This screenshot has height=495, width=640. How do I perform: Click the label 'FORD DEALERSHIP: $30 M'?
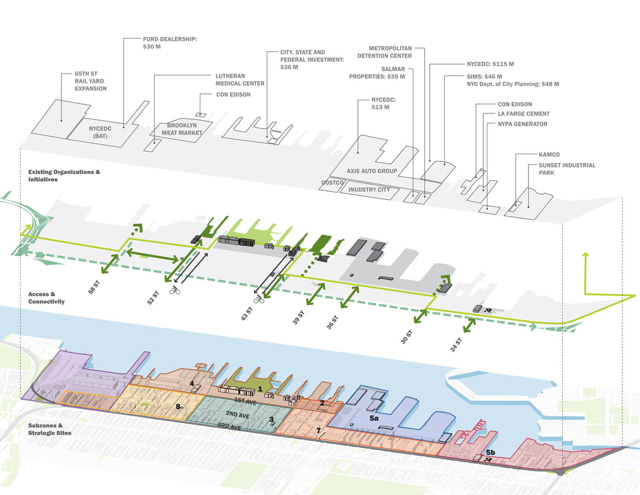click(x=170, y=43)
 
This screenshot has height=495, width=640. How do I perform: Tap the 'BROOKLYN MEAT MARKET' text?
click(x=182, y=129)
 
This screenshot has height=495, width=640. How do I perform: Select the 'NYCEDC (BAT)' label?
click(x=100, y=132)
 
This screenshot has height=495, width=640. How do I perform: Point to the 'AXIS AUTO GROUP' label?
click(x=372, y=171)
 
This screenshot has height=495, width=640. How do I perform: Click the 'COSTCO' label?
click(x=332, y=183)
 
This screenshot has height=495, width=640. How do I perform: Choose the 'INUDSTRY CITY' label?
click(x=369, y=189)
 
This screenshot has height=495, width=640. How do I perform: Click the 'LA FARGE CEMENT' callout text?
click(x=523, y=114)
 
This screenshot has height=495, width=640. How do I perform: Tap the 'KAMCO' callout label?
click(x=549, y=155)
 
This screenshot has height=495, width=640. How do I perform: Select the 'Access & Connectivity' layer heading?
click(x=46, y=298)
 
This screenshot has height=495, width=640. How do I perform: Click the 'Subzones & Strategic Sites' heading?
click(x=49, y=429)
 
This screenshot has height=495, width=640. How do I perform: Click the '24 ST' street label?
click(x=456, y=345)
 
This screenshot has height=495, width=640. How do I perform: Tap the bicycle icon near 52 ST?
click(x=174, y=290)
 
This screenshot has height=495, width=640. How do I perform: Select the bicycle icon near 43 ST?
click(x=259, y=300)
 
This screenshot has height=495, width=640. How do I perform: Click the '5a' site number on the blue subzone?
click(x=374, y=418)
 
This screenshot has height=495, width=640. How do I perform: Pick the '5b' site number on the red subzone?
click(x=490, y=452)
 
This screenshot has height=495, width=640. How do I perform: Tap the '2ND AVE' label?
click(x=237, y=414)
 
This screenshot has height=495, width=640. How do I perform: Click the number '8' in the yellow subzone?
click(x=177, y=406)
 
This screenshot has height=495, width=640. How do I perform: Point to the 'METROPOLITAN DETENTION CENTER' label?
click(x=384, y=52)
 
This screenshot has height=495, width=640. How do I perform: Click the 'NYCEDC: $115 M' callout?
click(x=490, y=64)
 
